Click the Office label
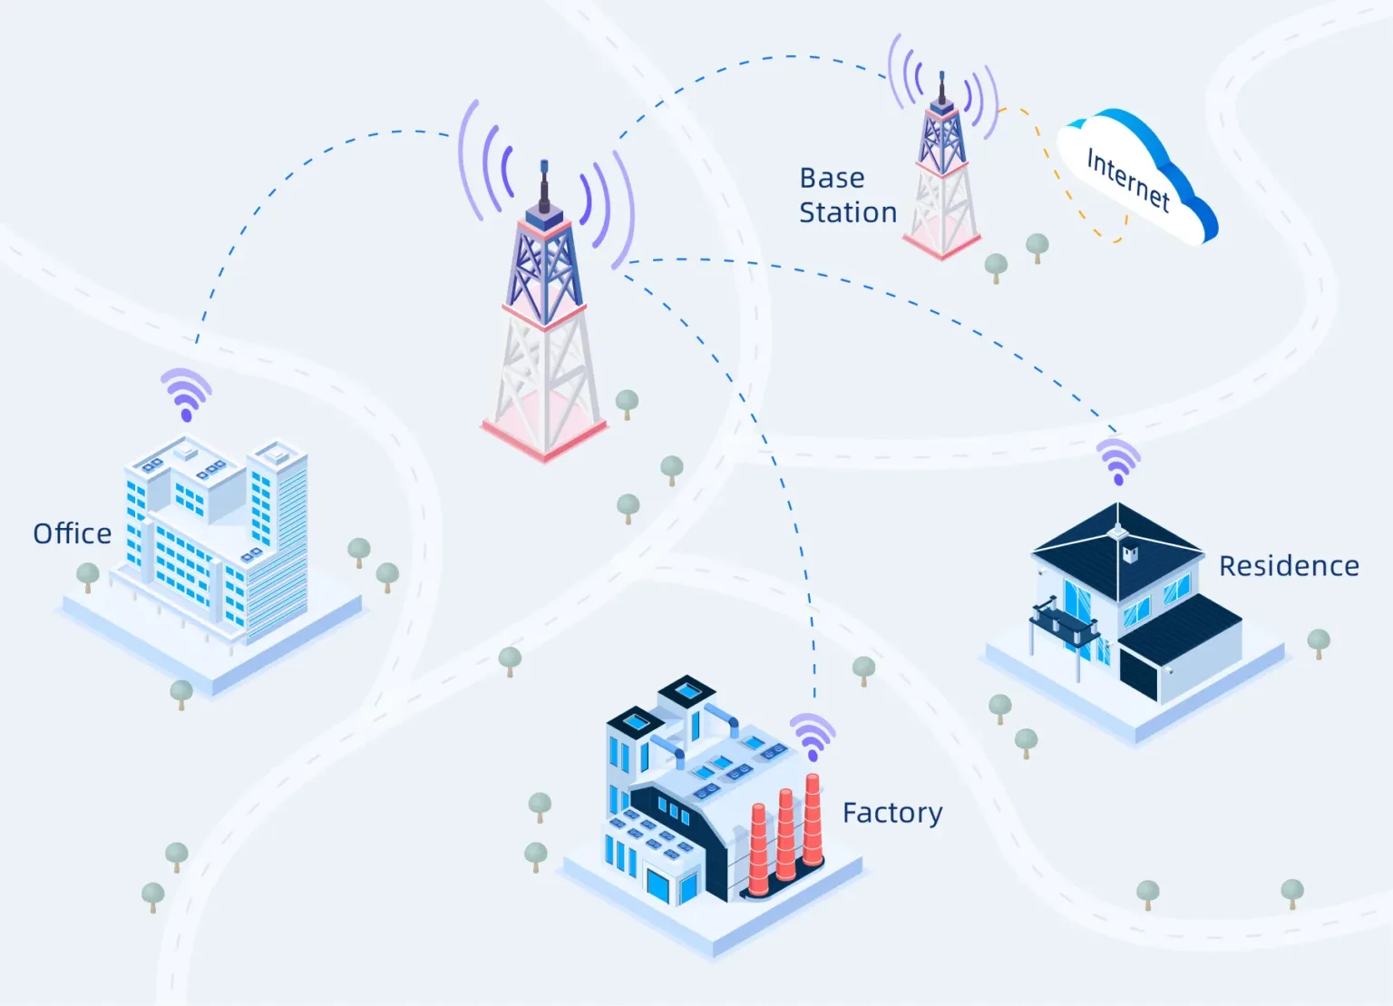click(73, 533)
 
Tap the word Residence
click(1288, 566)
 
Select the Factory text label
click(892, 813)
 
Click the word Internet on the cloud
click(1128, 180)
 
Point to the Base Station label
click(847, 195)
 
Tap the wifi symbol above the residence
click(1118, 461)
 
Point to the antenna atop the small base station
click(942, 82)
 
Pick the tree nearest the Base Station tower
click(996, 266)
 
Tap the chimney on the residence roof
click(1130, 553)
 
